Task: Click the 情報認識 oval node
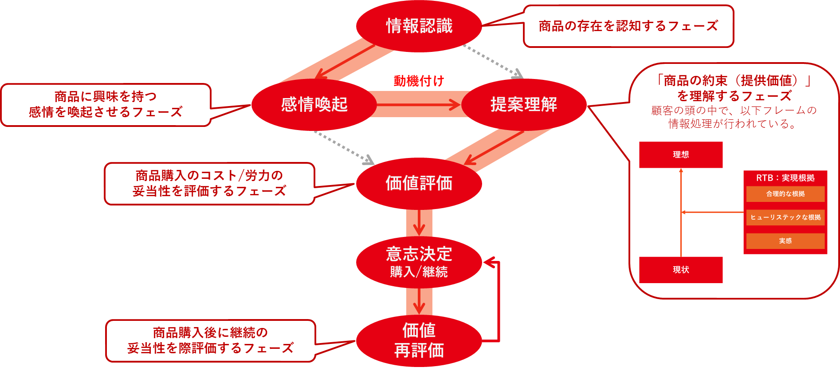point(419,26)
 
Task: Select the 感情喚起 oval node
point(314,105)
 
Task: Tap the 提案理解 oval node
point(524,105)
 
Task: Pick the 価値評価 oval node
point(419,183)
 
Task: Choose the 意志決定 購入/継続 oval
point(419,262)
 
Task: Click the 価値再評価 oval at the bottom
point(419,341)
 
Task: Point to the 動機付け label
point(419,81)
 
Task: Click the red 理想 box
point(681,154)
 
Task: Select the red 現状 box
point(681,270)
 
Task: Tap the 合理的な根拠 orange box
point(785,194)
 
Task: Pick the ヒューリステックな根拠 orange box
point(785,217)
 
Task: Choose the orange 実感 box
point(785,241)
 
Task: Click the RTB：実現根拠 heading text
point(785,178)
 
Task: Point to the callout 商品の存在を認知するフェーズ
point(628,26)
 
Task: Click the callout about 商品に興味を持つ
point(106,105)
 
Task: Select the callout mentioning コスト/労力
point(209,184)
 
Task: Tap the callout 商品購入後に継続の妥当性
point(210,341)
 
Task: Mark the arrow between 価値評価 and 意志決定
point(419,223)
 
